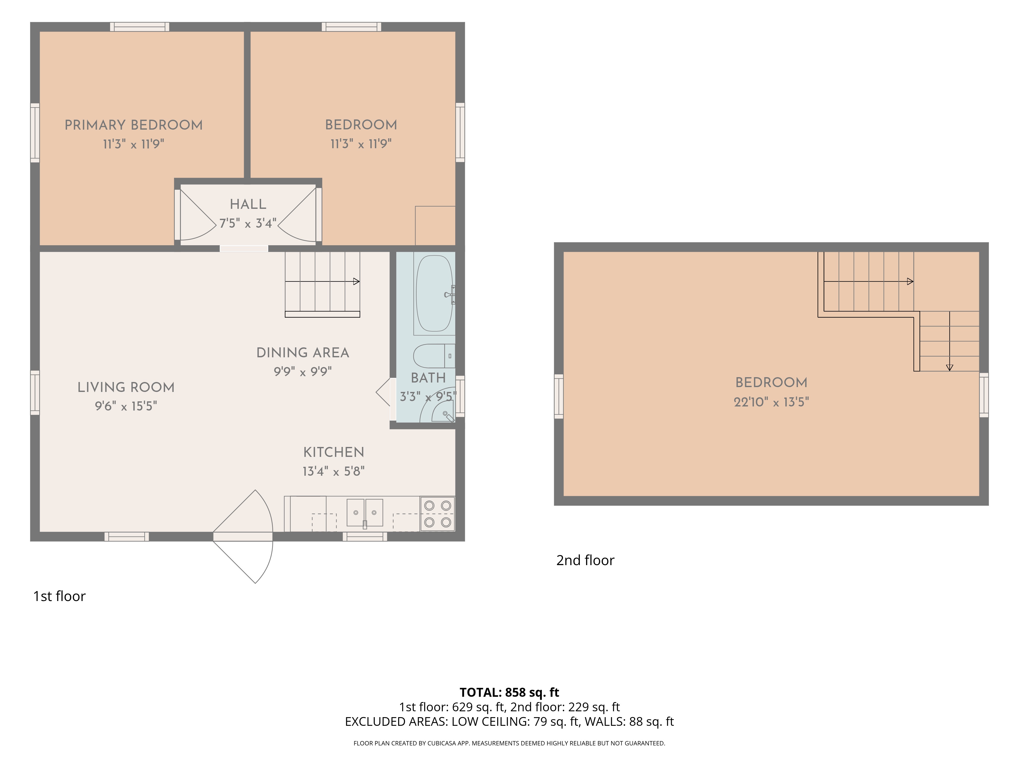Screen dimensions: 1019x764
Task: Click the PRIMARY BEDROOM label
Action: tap(133, 125)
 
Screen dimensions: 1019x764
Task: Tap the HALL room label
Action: tap(248, 204)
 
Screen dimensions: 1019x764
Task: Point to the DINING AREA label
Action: tap(303, 353)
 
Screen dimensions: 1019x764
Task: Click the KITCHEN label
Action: tap(333, 452)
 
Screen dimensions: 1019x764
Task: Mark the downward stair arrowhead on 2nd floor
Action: tap(949, 367)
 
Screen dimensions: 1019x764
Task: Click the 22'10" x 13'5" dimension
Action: tap(771, 402)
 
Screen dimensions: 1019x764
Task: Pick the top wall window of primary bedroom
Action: tap(140, 27)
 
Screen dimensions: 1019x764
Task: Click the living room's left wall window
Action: tap(35, 393)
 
